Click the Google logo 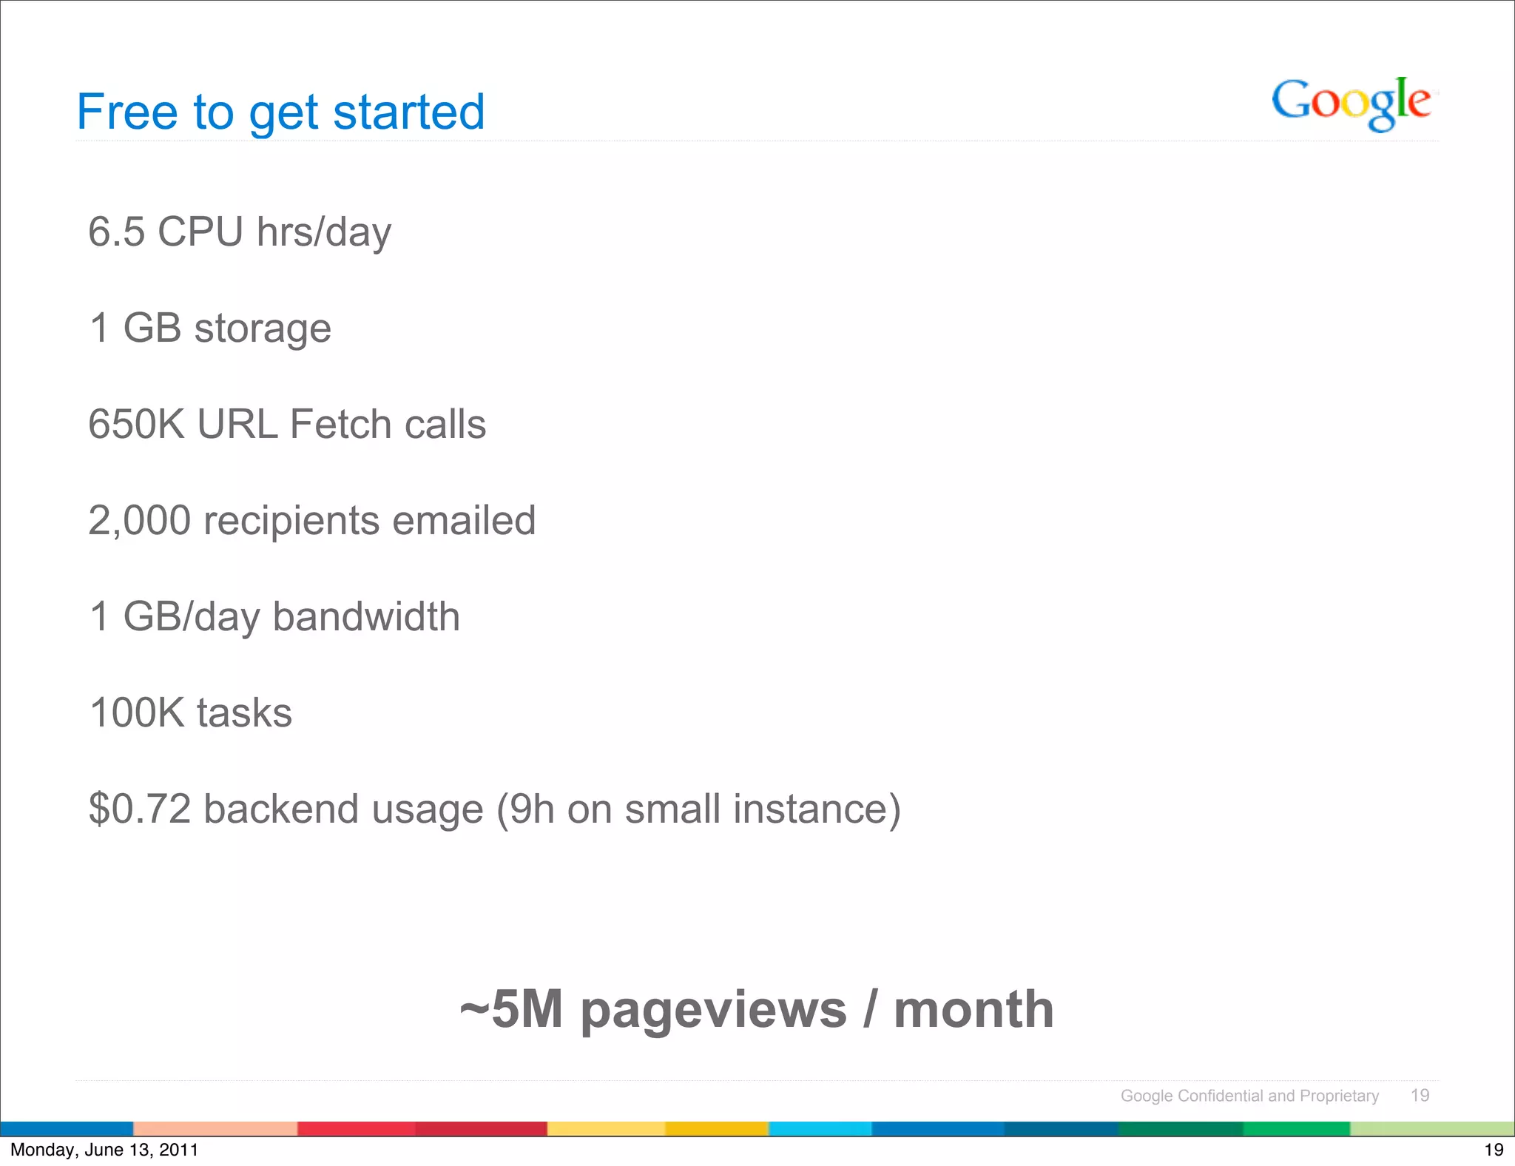point(1351,103)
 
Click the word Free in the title point(127,112)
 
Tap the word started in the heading point(408,112)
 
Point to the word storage point(263,328)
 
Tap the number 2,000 point(139,521)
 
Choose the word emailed point(464,521)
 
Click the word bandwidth point(366,617)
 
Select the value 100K point(136,713)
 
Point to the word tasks point(244,713)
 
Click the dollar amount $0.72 point(140,809)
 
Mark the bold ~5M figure point(511,1010)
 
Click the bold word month point(974,1010)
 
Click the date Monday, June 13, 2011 point(104,1150)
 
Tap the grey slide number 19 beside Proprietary point(1420,1096)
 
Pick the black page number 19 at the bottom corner point(1494,1150)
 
